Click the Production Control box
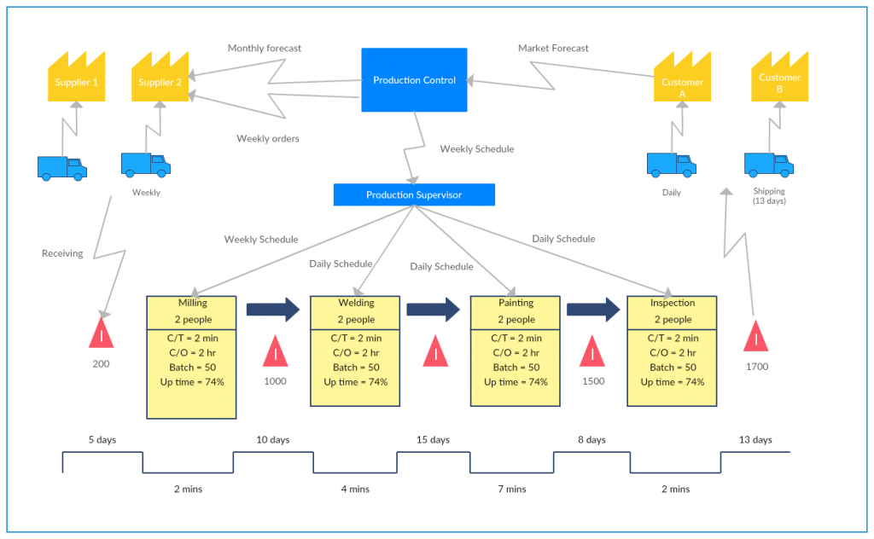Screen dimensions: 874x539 click(x=414, y=79)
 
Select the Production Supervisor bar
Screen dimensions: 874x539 click(x=414, y=195)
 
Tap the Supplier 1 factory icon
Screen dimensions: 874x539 click(x=76, y=77)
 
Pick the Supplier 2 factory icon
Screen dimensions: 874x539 click(x=160, y=77)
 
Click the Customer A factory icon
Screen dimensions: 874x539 click(x=682, y=77)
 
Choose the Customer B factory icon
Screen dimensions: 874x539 click(x=780, y=77)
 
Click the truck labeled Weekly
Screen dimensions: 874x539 click(x=145, y=165)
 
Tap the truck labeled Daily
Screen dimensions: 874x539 click(x=671, y=165)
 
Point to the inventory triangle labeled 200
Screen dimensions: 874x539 click(x=102, y=333)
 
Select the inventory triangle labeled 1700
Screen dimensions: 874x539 click(x=756, y=336)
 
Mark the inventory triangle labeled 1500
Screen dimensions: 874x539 click(x=592, y=351)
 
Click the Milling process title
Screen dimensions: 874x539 click(x=192, y=303)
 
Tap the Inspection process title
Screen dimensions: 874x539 click(x=673, y=303)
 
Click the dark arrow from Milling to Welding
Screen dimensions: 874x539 click(x=273, y=310)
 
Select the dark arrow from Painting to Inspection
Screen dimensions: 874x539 click(x=593, y=310)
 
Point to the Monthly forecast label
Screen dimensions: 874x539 click(x=265, y=49)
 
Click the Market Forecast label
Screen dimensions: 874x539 click(x=553, y=49)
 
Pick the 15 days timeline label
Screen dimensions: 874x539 click(x=433, y=440)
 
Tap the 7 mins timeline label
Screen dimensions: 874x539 click(x=512, y=489)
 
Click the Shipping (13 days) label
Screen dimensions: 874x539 click(x=769, y=196)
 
